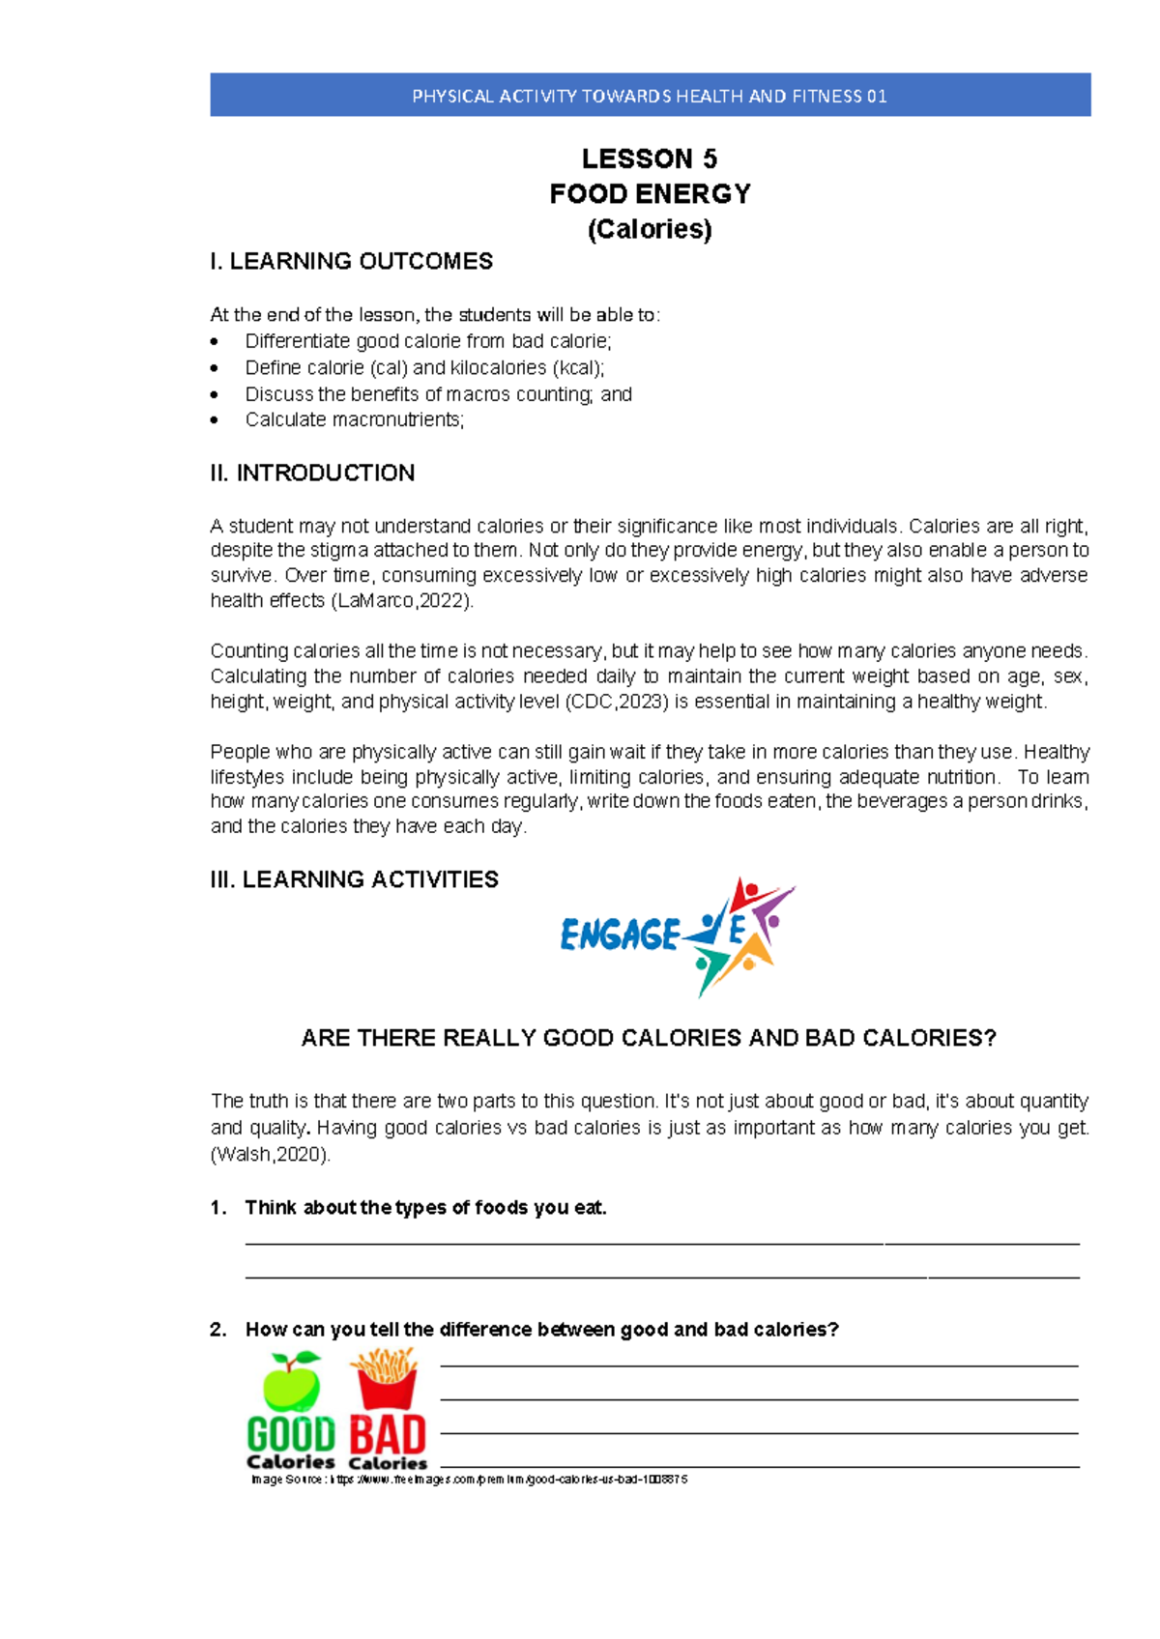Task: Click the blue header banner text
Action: [x=650, y=96]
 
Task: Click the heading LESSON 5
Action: [x=650, y=158]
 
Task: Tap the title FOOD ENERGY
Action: [x=650, y=194]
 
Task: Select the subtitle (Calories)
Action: [x=650, y=229]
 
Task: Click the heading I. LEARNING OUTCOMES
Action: [x=351, y=261]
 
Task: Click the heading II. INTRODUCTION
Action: [x=312, y=473]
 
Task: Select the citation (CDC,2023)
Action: [x=617, y=702]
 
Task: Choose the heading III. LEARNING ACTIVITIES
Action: [x=354, y=879]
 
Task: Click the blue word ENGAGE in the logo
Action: [x=621, y=935]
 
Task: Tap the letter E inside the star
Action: [x=737, y=931]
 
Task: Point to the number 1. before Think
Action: [x=218, y=1208]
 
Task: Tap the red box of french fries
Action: [x=387, y=1380]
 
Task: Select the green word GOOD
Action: [x=291, y=1434]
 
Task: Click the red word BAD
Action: [x=388, y=1435]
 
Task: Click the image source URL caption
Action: [x=469, y=1480]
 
